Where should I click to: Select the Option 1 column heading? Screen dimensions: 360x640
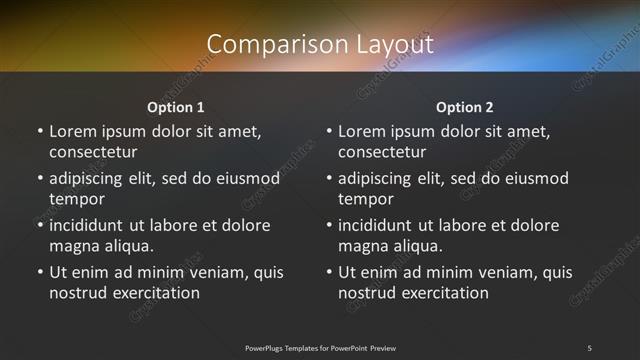pos(176,107)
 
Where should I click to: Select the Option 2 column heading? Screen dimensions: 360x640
pos(465,107)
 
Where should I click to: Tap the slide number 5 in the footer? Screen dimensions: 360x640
pos(589,347)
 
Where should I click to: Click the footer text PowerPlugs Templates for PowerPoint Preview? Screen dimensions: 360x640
pos(320,347)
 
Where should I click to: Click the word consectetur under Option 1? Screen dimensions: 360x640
pos(93,152)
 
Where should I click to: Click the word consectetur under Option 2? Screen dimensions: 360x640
pos(382,152)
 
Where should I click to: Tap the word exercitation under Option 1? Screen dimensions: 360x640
pos(156,293)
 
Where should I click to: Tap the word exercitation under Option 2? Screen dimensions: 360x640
pos(445,293)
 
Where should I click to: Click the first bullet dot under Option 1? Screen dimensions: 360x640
pos(40,131)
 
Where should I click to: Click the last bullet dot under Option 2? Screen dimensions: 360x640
pos(329,272)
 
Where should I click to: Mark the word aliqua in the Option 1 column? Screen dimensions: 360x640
pos(126,246)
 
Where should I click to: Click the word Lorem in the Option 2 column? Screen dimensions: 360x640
pos(361,131)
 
